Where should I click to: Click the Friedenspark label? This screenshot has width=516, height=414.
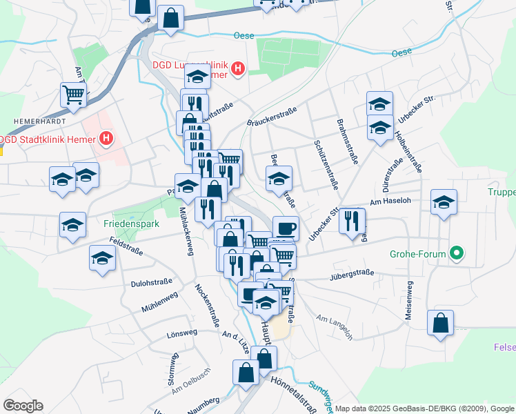coord(131,224)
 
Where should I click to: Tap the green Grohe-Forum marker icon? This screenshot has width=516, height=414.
coord(455,253)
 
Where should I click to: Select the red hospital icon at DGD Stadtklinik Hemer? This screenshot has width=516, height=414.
coord(106,139)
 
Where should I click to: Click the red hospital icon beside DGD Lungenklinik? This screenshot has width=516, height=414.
coord(238,69)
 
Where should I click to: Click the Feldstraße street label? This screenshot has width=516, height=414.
coord(126,246)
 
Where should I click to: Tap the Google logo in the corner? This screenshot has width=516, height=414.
coord(23,406)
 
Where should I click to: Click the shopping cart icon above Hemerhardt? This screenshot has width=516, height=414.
coord(73,95)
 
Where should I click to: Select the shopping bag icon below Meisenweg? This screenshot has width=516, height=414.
coord(440,323)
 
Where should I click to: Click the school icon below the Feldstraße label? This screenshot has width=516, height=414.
coord(102,258)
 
